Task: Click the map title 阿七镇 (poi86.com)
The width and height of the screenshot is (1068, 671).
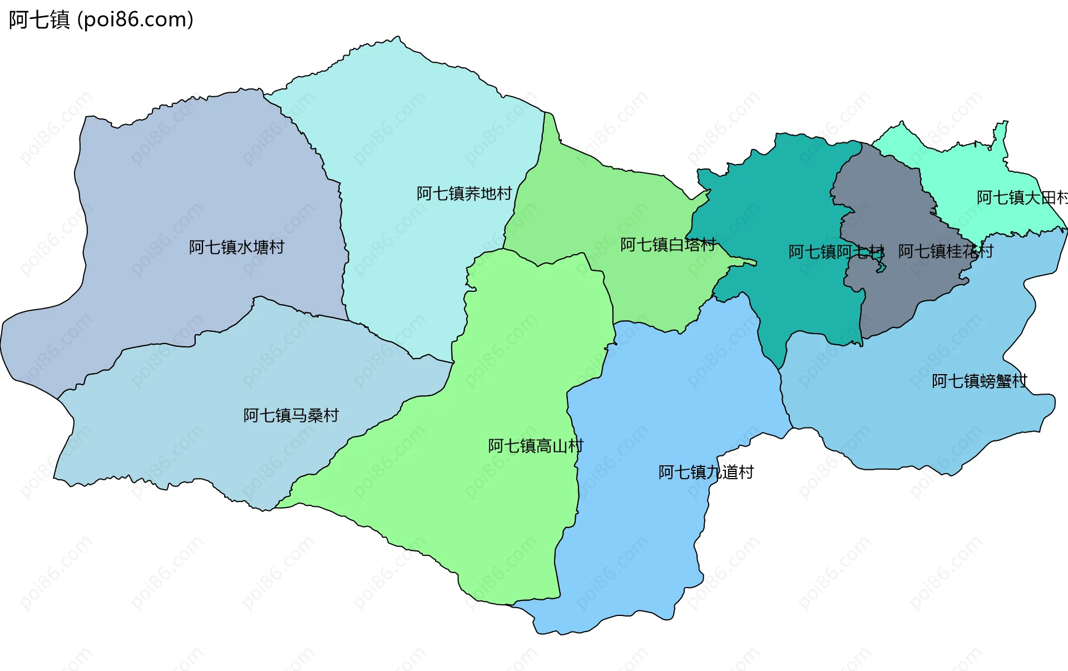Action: (x=101, y=19)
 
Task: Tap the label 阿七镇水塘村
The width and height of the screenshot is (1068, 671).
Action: (x=236, y=247)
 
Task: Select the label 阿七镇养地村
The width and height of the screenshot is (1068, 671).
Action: (x=464, y=193)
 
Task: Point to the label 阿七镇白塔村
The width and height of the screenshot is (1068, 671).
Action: (x=667, y=245)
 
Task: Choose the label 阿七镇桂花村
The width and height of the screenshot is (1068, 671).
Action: (x=945, y=251)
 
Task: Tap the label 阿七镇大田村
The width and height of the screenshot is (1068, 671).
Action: (x=1021, y=197)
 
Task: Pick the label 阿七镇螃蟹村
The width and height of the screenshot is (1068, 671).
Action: (x=979, y=381)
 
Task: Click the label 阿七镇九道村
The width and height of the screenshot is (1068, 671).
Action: (x=706, y=472)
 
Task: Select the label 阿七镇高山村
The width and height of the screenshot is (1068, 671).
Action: (x=535, y=446)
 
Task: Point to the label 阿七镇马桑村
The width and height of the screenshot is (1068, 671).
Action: (x=291, y=415)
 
